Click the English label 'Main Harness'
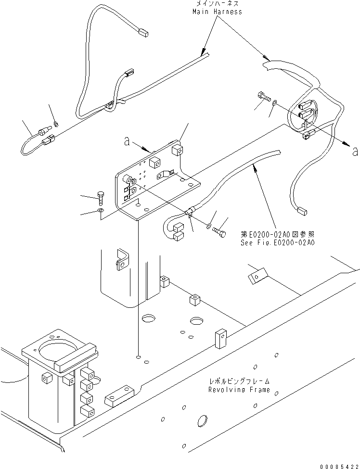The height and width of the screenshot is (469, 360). pos(217,11)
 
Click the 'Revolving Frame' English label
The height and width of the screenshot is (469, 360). pos(239,390)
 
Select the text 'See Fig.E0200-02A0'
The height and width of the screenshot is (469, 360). pos(278,243)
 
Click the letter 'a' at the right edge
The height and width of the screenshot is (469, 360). pos(355,152)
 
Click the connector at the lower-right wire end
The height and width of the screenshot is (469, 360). pos(301,210)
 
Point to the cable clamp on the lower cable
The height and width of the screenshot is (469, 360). pos(189,211)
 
